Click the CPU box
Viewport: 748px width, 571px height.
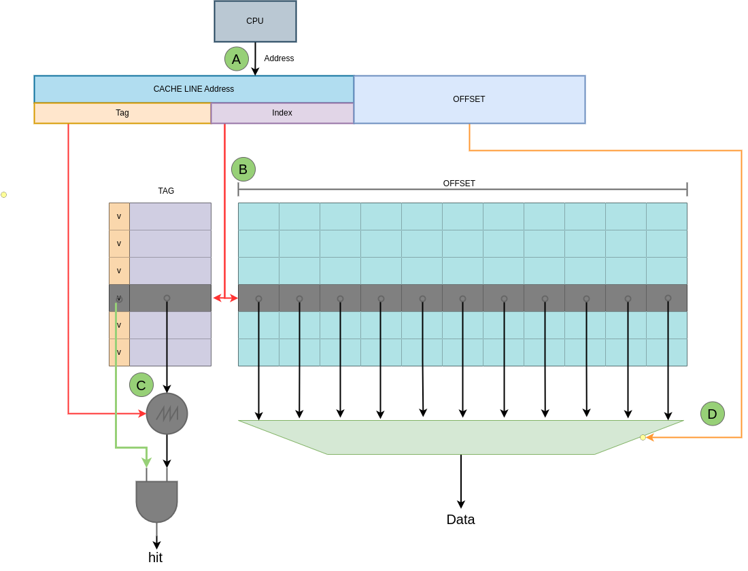click(255, 21)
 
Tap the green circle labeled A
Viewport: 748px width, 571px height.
click(237, 59)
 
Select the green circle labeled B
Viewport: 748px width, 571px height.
click(243, 169)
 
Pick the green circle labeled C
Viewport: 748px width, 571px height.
click(141, 385)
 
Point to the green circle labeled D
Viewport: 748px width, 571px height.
click(713, 414)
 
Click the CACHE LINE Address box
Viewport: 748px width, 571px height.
click(194, 89)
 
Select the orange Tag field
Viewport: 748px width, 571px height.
click(122, 113)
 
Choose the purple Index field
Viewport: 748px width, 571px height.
click(282, 113)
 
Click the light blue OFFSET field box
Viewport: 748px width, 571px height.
click(469, 99)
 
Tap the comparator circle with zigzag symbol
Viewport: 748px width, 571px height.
click(167, 413)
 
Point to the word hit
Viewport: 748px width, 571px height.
click(156, 557)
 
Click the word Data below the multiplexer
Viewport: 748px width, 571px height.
click(460, 519)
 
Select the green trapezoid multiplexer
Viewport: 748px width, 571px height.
click(461, 437)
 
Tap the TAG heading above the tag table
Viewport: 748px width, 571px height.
click(166, 191)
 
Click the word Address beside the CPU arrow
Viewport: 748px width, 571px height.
click(279, 58)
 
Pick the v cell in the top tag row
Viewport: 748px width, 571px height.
click(119, 216)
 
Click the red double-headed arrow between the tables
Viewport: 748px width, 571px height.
click(225, 298)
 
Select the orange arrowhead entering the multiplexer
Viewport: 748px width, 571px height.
click(650, 437)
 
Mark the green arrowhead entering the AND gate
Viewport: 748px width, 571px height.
click(146, 463)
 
